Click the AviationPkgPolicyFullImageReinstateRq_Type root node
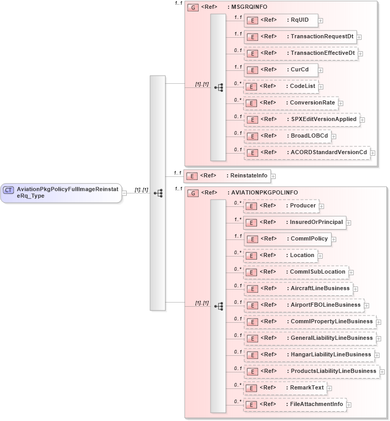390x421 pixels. pos(61,192)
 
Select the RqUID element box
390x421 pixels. pos(280,20)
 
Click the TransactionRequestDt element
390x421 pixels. pos(300,37)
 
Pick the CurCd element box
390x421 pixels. pos(280,69)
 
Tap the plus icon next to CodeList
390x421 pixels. pos(321,86)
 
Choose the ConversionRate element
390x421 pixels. pos(291,103)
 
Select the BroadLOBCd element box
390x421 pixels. pos(287,136)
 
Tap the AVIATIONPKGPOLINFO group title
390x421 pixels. pos(262,193)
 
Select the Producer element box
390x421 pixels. pos(281,206)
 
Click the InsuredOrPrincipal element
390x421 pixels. pos(294,222)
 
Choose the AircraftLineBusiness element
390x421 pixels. pos(298,288)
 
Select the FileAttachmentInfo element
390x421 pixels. pos(295,404)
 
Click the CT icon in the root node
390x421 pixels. pos(8,190)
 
